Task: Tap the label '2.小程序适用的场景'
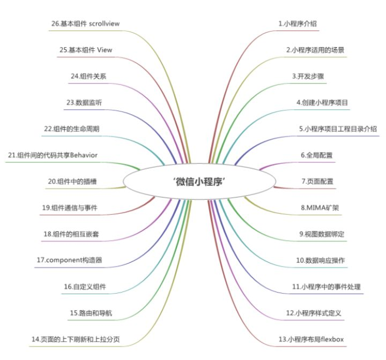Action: click(315, 50)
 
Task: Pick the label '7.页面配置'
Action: click(317, 181)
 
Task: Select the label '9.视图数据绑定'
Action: click(321, 234)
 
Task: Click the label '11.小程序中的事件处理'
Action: click(326, 287)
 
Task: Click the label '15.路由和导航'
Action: click(91, 313)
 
